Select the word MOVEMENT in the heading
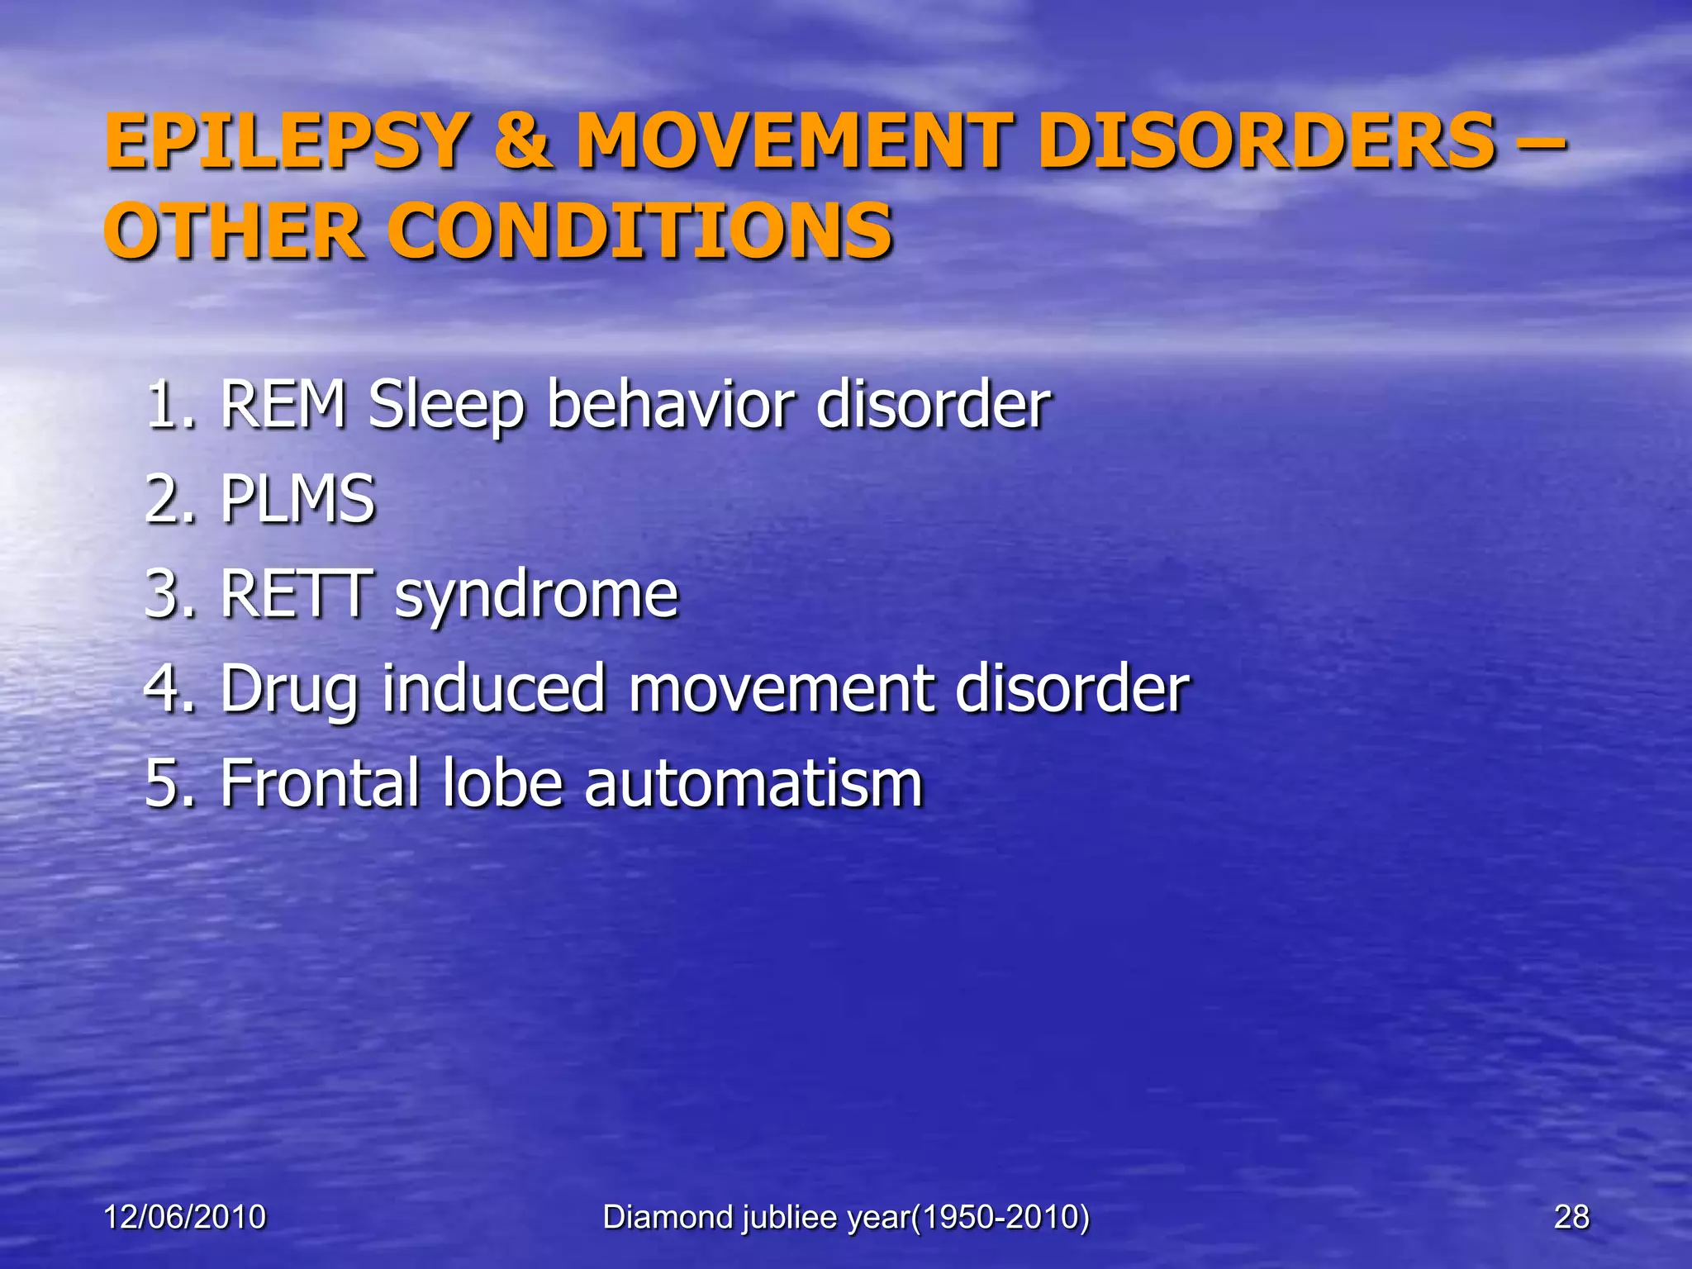pyautogui.click(x=794, y=142)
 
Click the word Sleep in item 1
pyautogui.click(x=446, y=406)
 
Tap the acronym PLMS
pyautogui.click(x=297, y=500)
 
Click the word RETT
pyautogui.click(x=296, y=594)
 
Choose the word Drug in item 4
pyautogui.click(x=290, y=691)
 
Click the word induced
pyautogui.click(x=494, y=689)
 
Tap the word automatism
pyautogui.click(x=753, y=783)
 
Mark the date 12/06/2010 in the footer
pyautogui.click(x=184, y=1217)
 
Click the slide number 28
pyautogui.click(x=1571, y=1217)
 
